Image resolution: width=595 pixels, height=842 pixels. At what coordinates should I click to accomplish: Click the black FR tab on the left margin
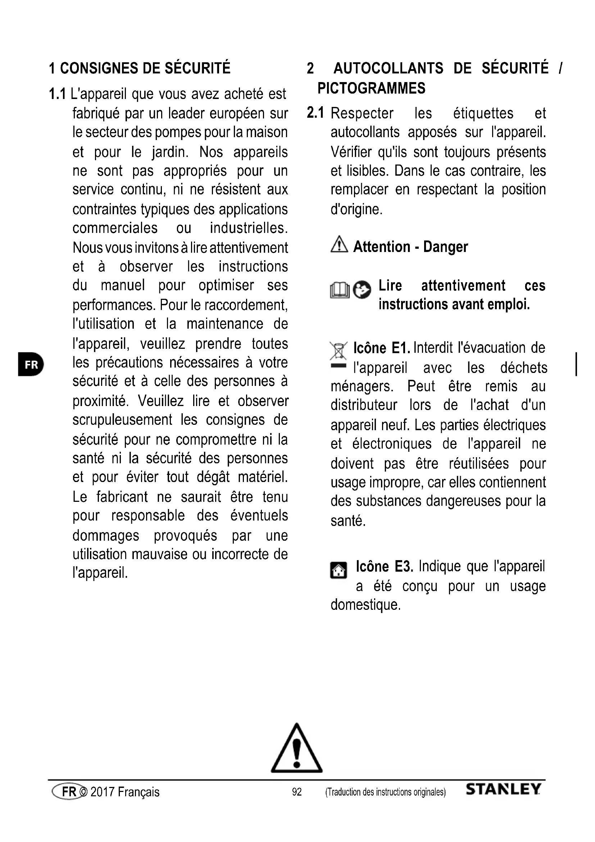[x=31, y=365]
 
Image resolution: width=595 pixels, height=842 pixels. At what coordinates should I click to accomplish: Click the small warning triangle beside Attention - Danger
[x=339, y=244]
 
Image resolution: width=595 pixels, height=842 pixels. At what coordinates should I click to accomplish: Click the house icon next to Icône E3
[x=339, y=570]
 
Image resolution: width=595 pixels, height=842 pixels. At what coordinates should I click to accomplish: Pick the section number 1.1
[x=57, y=94]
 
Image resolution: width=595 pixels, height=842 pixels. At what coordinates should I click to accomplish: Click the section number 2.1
[x=315, y=113]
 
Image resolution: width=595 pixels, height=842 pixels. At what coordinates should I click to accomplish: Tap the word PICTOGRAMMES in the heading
[x=371, y=89]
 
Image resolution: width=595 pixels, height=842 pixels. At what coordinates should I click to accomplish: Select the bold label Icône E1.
[x=381, y=348]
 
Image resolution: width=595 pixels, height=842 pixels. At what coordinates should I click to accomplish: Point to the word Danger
[x=445, y=247]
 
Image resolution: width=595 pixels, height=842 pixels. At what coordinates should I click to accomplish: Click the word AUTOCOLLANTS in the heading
[x=389, y=69]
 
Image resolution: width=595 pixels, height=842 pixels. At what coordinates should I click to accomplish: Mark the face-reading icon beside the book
[x=362, y=290]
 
